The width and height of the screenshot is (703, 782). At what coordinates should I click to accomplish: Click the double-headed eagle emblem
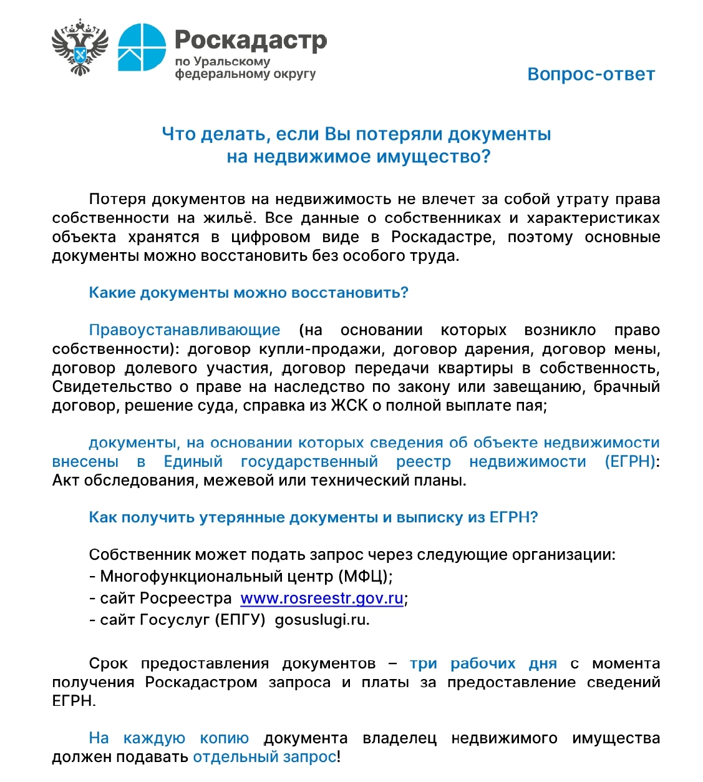pos(80,47)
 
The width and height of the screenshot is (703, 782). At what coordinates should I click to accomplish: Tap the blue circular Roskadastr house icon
pos(142,47)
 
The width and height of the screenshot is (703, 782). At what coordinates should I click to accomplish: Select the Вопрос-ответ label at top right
pos(591,74)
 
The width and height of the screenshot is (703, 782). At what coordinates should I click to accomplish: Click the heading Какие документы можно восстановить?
pos(248,293)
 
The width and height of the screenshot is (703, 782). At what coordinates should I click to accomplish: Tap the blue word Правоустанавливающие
pos(185,330)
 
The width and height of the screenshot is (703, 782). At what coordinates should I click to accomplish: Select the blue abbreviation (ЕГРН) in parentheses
pos(630,462)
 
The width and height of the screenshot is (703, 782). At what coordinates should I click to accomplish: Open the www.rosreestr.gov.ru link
pos(322,599)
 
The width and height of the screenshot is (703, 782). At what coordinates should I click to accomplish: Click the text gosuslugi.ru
pos(322,620)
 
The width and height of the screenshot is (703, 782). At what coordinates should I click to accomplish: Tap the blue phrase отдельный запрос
pos(264,757)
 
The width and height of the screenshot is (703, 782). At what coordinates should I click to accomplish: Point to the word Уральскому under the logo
pos(231,62)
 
